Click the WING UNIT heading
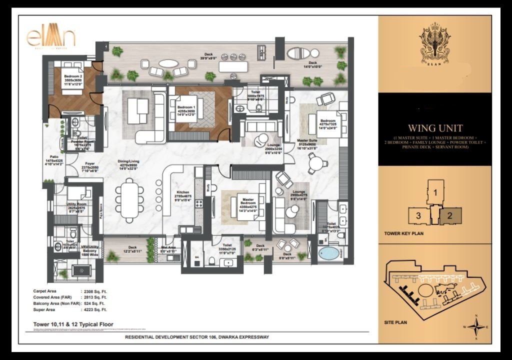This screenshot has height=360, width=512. [434, 128]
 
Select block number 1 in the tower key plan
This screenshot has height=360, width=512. [435, 192]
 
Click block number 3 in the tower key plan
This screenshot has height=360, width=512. [417, 216]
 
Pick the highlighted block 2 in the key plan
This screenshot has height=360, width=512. [449, 216]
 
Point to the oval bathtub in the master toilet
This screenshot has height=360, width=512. [328, 252]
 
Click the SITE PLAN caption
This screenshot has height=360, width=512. [396, 322]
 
